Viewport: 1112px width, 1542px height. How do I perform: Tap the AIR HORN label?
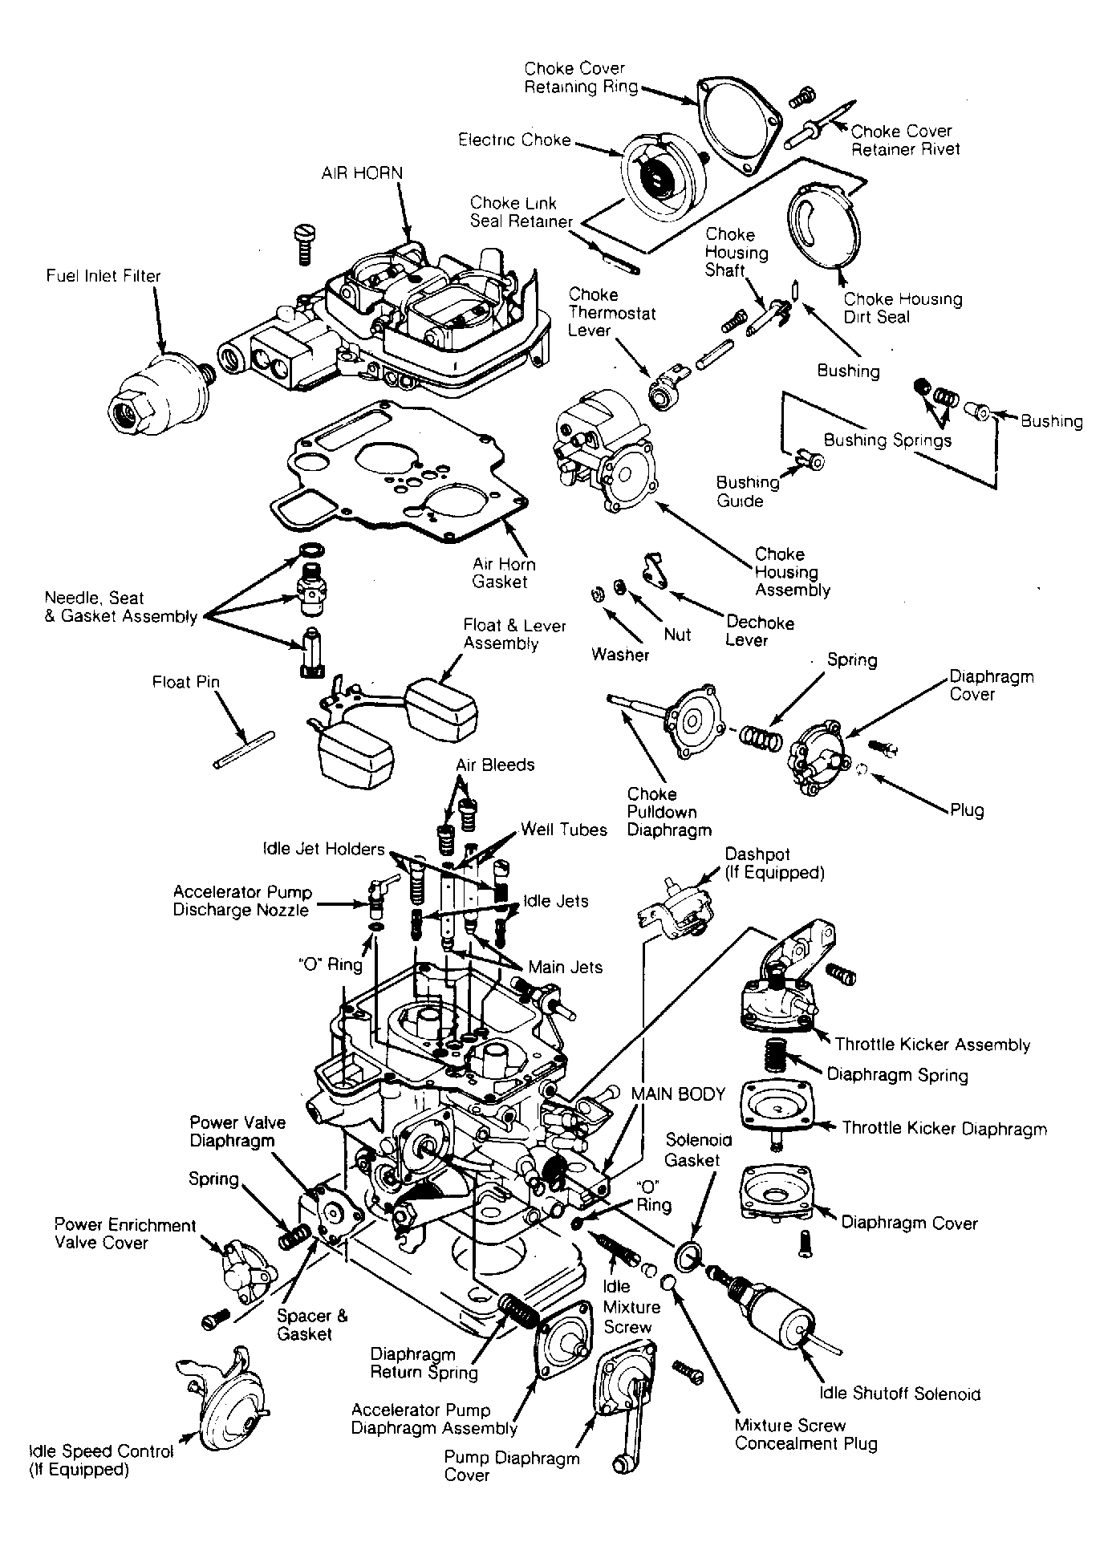pos(363,173)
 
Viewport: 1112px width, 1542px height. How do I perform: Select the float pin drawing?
pos(245,749)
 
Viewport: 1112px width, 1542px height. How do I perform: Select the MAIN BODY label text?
pos(678,1094)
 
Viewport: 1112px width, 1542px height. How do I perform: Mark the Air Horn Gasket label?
pos(504,574)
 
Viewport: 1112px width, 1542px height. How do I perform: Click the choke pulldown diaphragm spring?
pos(760,737)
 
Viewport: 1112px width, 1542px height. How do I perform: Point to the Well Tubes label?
pos(564,830)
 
